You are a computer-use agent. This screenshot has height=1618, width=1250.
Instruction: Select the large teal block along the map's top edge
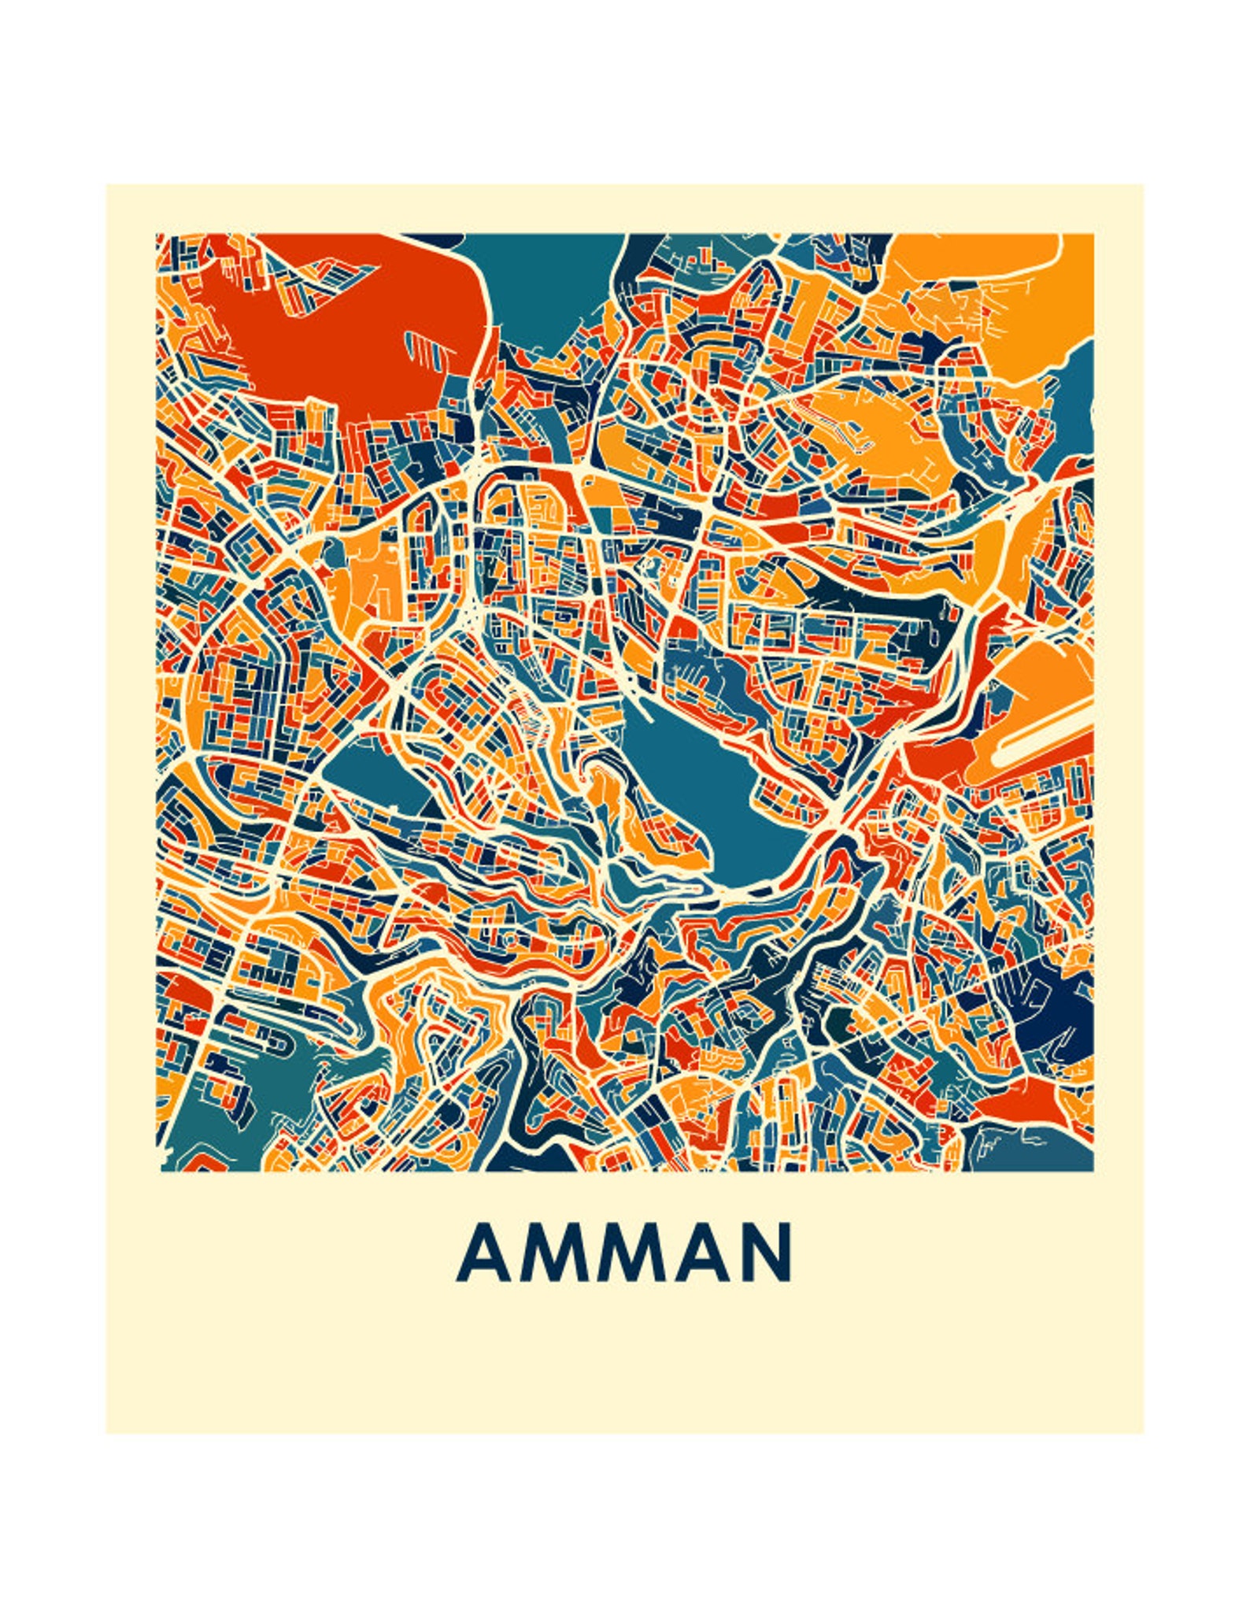tap(543, 283)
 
